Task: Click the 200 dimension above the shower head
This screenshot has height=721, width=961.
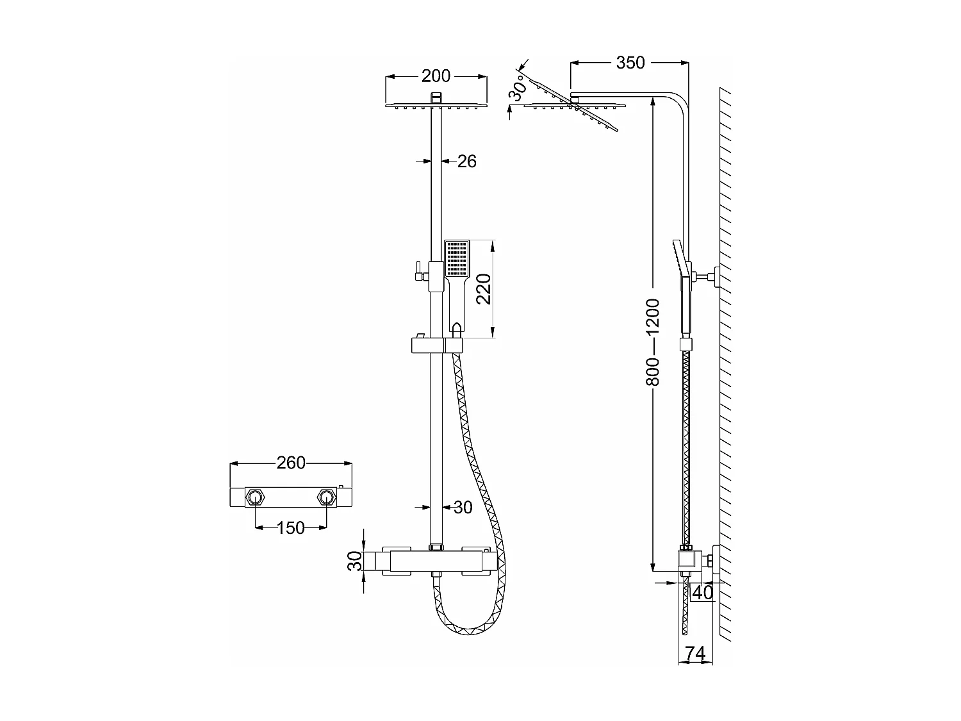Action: point(436,76)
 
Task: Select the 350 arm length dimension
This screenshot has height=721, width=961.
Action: point(630,62)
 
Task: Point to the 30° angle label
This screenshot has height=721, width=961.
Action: point(518,88)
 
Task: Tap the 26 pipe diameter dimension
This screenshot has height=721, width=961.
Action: point(466,162)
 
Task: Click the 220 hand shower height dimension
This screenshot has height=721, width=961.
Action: point(483,289)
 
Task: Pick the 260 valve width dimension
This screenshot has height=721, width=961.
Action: point(291,463)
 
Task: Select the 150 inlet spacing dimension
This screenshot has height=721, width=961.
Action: point(291,528)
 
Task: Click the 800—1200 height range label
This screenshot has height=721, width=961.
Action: point(653,342)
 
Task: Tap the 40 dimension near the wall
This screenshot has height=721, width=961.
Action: point(702,593)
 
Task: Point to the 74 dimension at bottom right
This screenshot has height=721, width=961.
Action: point(695,654)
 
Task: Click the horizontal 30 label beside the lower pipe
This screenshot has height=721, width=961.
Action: point(463,508)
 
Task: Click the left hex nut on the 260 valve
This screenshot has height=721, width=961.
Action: point(256,497)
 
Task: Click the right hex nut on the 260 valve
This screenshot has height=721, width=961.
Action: point(327,497)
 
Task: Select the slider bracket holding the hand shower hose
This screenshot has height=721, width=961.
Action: point(436,346)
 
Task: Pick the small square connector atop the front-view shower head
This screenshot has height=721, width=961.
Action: point(436,97)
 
